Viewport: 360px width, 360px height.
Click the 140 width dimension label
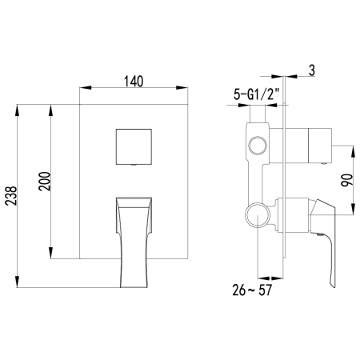tap(134, 82)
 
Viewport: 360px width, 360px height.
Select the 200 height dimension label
tap(45, 182)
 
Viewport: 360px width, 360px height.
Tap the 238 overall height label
tap(11, 196)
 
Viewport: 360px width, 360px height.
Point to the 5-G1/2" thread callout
tap(256, 94)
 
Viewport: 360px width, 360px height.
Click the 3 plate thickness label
tap(312, 70)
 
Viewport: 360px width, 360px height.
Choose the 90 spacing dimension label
tap(347, 180)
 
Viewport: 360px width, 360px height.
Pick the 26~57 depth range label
tap(252, 290)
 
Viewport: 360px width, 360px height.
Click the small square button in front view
tap(134, 146)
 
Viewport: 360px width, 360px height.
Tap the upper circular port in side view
tap(258, 146)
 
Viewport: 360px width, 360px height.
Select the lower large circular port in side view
tap(258, 215)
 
